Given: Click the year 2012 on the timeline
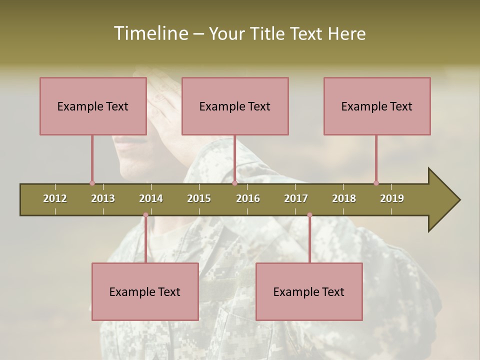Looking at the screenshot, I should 55,198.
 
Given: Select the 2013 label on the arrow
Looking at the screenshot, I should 103,198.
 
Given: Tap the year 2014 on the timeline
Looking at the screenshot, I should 151,198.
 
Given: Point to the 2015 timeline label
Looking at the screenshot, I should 199,198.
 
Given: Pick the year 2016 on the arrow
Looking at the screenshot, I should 248,198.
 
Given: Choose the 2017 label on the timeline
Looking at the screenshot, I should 296,198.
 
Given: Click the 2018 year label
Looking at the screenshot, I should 344,198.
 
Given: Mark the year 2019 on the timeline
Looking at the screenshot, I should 392,198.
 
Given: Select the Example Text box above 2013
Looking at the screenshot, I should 93,106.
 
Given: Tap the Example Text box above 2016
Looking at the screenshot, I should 235,106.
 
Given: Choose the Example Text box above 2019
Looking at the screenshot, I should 377,106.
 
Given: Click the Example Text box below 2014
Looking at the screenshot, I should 145,291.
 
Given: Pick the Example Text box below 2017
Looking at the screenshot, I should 309,291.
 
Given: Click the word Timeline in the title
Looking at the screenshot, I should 150,33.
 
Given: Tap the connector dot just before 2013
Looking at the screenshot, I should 92,183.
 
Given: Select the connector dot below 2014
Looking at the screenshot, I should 145,215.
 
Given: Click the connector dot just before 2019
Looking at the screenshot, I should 376,183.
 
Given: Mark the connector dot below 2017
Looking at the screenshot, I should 309,215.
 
